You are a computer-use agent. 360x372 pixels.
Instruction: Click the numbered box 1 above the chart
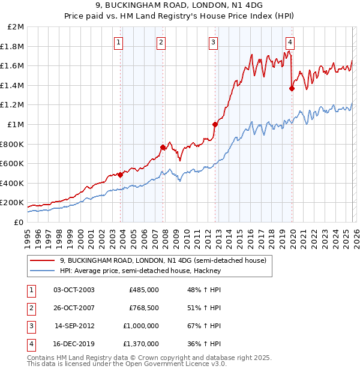tap(119, 42)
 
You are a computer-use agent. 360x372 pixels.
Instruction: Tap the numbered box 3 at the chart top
tap(214, 42)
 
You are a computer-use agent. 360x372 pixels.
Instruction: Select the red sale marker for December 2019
tap(292, 88)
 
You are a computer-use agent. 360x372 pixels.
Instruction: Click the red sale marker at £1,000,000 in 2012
tap(214, 124)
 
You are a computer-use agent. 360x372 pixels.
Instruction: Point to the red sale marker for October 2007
tap(163, 147)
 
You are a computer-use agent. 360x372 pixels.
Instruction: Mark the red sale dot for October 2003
tap(120, 175)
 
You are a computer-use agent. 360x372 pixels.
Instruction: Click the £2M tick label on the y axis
tap(16, 27)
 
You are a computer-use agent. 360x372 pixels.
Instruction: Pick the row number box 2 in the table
tap(31, 308)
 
